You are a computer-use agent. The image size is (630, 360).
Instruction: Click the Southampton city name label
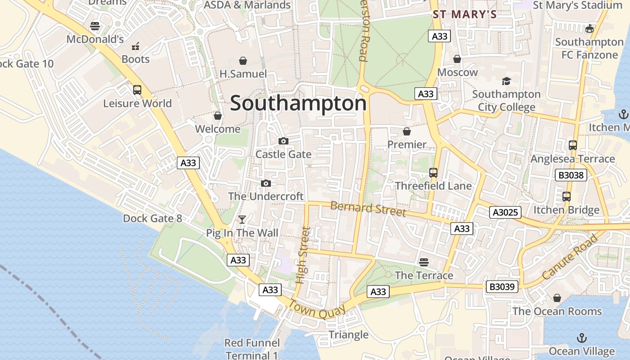pos(298,103)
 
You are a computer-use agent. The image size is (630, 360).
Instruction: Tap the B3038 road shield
pos(571,175)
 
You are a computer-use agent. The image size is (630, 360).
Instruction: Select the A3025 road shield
pos(505,212)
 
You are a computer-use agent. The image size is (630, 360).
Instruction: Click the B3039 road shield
pos(502,287)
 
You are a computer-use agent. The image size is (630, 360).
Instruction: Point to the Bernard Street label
pos(368,208)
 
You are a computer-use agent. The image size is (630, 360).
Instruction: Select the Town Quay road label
pos(317,310)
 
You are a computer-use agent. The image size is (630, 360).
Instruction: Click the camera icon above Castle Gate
pos(283,141)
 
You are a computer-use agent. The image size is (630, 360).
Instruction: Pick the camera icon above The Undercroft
pos(266,183)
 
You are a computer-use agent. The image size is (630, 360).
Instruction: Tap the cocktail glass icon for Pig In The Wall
pos(242,220)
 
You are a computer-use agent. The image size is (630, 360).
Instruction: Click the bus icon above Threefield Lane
pos(433,172)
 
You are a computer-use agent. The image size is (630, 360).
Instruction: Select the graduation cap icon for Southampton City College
pos(506,81)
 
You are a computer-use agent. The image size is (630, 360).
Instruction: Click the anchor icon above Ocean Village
pos(582,337)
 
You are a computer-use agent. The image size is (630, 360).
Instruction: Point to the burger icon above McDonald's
pos(94,26)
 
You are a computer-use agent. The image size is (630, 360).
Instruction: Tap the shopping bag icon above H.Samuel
pos(243,60)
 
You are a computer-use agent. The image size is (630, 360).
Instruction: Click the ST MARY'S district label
pos(465,14)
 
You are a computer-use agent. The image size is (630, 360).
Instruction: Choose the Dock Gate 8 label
pos(153,219)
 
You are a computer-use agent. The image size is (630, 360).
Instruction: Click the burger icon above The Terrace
pos(423,261)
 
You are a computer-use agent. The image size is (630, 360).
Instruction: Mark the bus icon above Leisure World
pos(137,90)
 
